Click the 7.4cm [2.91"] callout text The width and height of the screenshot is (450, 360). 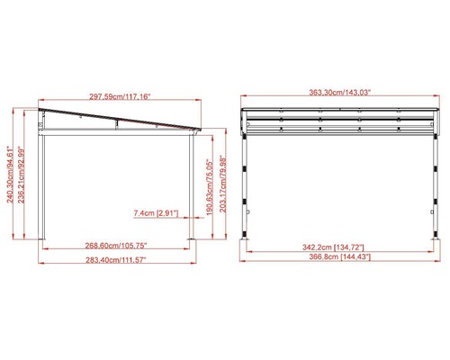pyautogui.click(x=156, y=213)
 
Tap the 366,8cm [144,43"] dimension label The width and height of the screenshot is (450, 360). pyautogui.click(x=342, y=257)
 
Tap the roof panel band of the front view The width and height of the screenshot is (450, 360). pyautogui.click(x=342, y=113)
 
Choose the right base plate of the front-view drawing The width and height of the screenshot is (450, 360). pyautogui.click(x=440, y=241)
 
